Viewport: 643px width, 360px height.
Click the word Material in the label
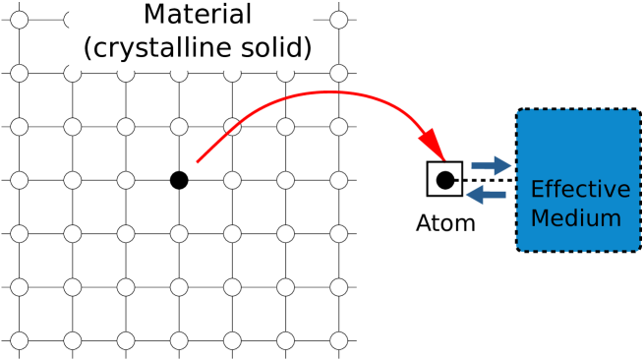coord(197,16)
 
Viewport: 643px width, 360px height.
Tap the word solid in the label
coord(280,46)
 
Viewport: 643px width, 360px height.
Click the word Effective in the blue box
coord(579,190)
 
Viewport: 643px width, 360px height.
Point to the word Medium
coord(575,217)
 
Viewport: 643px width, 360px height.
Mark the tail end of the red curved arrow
coord(199,160)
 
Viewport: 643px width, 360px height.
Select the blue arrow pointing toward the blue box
coord(492,164)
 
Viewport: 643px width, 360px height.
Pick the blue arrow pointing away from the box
coord(486,196)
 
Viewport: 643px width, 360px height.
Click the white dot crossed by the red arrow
coord(232,127)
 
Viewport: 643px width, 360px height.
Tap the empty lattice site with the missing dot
coord(179,181)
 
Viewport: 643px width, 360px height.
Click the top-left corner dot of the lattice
coord(19,20)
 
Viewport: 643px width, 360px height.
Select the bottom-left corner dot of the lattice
coord(19,340)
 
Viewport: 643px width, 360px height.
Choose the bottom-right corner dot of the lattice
coord(338,340)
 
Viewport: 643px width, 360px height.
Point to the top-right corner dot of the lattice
coord(338,20)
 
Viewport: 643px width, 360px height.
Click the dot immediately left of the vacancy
coord(126,181)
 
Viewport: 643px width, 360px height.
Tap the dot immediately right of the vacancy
coord(232,181)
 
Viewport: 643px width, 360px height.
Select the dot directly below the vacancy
coord(179,234)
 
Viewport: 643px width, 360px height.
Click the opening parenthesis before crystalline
coord(88,47)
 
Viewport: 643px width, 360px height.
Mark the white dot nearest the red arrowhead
coord(338,127)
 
